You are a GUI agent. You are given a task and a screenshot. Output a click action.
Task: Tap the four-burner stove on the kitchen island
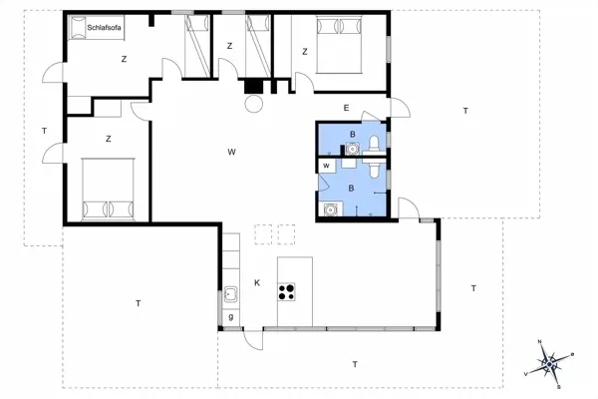[288, 291]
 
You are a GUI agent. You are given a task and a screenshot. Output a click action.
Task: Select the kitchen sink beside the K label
[230, 295]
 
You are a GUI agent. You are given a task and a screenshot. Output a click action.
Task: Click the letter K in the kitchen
[256, 282]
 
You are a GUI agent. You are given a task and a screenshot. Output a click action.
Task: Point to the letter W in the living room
[231, 152]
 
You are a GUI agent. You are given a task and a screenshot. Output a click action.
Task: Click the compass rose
[551, 364]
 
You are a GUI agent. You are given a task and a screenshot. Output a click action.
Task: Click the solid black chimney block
[255, 86]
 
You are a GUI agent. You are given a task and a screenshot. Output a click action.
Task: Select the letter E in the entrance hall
[346, 108]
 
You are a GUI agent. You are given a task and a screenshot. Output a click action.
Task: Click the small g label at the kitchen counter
[230, 318]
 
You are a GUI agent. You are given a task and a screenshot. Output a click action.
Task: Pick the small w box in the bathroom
[326, 166]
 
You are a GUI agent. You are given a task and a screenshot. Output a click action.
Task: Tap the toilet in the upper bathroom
[373, 147]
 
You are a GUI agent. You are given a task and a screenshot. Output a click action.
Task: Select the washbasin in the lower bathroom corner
[330, 209]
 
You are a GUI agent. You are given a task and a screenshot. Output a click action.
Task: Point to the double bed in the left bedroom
[109, 189]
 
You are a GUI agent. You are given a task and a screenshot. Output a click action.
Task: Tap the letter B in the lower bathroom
[351, 187]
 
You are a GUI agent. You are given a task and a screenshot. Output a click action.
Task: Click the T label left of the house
[44, 132]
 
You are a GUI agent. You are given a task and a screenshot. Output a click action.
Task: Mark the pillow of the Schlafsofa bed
[76, 29]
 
